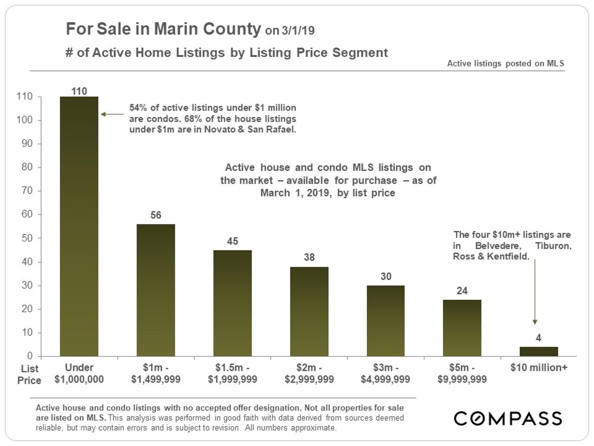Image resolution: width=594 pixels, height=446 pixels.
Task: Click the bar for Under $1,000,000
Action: click(79, 226)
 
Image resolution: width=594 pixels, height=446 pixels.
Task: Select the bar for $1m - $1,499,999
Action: click(155, 290)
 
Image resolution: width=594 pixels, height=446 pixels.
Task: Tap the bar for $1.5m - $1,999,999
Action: click(232, 303)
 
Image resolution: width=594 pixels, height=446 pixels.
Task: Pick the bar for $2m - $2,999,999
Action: click(309, 311)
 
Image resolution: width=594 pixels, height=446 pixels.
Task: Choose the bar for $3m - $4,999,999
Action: click(386, 321)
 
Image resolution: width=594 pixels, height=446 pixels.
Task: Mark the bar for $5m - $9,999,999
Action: click(462, 328)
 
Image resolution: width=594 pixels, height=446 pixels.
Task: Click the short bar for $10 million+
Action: click(539, 351)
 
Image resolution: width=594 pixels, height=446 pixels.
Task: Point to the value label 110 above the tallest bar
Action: click(79, 91)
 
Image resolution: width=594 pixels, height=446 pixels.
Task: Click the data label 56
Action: click(155, 216)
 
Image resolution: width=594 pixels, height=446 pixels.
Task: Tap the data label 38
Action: click(309, 258)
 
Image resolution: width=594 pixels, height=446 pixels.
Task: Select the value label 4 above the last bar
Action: click(539, 338)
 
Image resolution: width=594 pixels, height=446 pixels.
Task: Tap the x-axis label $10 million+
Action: click(539, 368)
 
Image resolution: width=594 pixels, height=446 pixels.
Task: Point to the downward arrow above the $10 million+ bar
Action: click(535, 292)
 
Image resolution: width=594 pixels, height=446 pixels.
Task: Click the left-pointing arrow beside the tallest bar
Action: click(112, 114)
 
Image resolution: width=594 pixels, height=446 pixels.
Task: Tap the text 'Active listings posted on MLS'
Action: click(505, 63)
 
